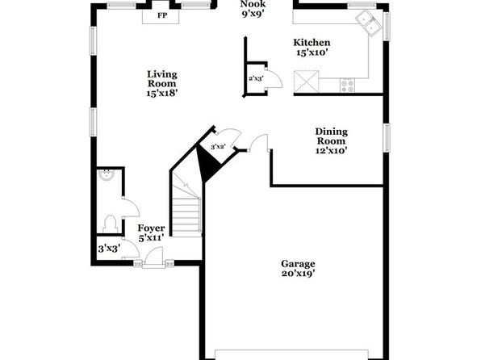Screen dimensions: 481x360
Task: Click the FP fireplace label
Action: click(162, 15)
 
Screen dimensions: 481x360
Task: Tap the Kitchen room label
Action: click(312, 42)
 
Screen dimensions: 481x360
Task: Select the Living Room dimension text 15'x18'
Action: click(162, 94)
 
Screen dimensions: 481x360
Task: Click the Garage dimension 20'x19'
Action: click(298, 273)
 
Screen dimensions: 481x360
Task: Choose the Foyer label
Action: click(151, 228)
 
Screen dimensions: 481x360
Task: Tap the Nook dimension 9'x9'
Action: click(253, 14)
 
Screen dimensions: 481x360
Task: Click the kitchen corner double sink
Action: click(369, 23)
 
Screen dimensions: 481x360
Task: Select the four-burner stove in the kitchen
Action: click(348, 86)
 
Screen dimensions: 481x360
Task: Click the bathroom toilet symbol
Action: click(110, 224)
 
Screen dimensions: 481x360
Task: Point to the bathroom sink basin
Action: click(107, 175)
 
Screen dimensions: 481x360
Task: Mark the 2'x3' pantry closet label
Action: click(256, 79)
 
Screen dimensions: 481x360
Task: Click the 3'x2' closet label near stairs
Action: click(218, 147)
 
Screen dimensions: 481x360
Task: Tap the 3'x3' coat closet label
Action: click(109, 249)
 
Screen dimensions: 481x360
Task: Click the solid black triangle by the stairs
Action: click(207, 164)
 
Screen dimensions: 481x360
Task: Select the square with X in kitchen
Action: click(306, 82)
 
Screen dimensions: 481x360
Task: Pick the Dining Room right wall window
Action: click(387, 137)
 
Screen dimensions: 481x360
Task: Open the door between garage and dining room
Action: click(260, 143)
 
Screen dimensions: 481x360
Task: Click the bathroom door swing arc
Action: click(132, 207)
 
